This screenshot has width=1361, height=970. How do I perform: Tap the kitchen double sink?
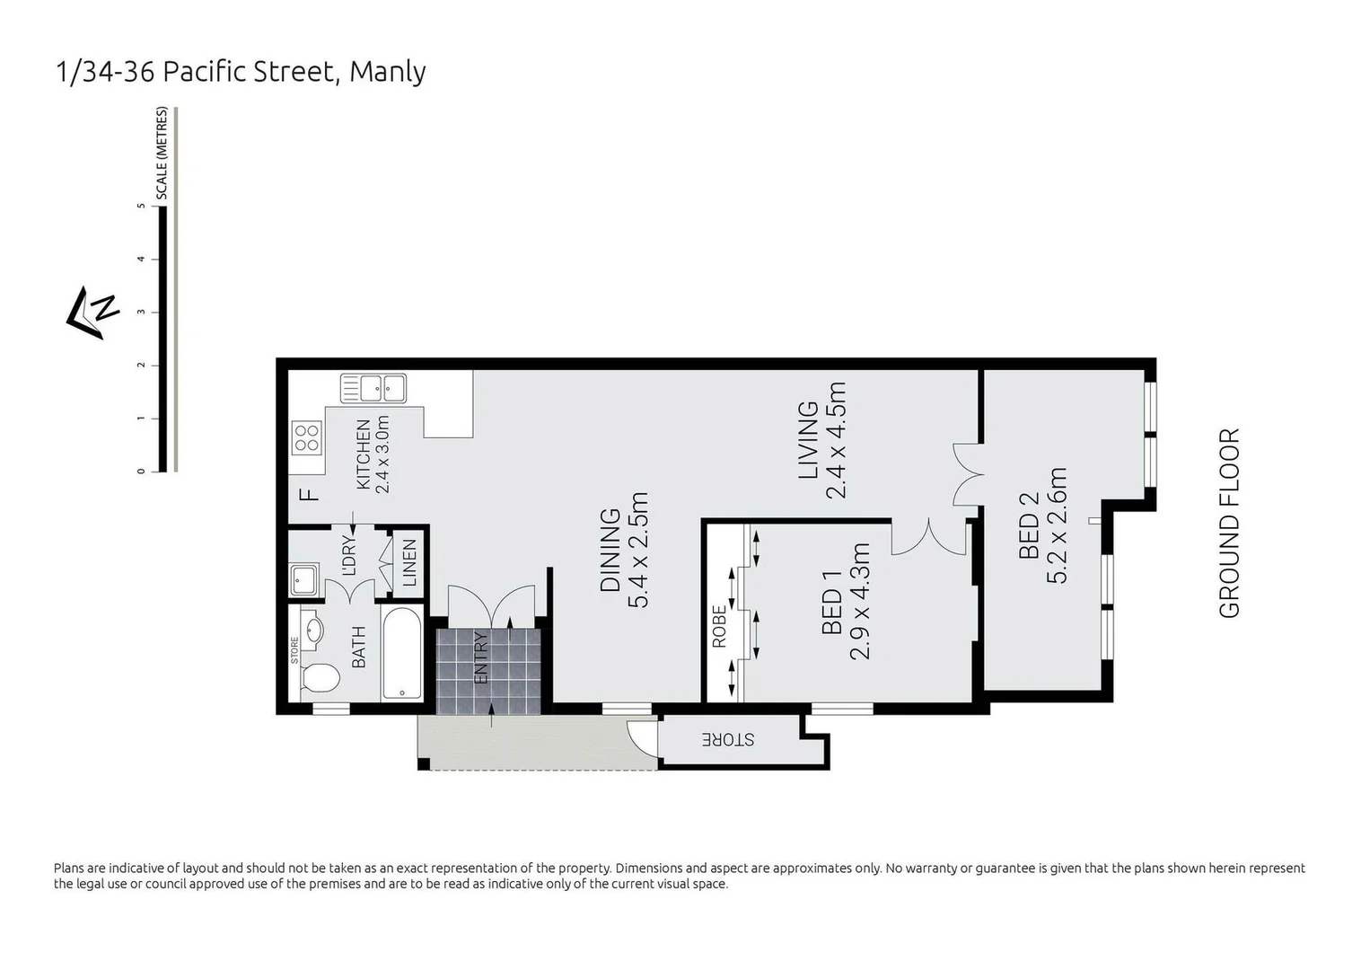pos(373,389)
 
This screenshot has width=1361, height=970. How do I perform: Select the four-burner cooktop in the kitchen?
pos(306,436)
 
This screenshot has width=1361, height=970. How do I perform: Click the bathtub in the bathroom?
pos(401,653)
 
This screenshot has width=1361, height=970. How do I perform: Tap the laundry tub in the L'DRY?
pos(304,579)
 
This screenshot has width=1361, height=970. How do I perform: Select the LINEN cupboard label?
pos(409,563)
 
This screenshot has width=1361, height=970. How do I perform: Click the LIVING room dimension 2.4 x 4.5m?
pos(836,440)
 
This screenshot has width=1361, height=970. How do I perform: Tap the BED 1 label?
pos(832,611)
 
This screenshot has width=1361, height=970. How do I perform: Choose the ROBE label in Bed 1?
pos(719,627)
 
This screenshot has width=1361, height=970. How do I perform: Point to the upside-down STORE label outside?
pos(728,740)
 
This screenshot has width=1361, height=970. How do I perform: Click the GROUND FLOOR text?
pos(1228,524)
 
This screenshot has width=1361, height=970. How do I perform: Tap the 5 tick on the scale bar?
pos(142,206)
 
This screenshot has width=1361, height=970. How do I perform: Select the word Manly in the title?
pos(387,72)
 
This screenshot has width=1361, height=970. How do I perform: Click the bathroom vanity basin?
pos(312,628)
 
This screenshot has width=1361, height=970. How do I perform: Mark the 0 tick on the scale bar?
pos(142,471)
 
